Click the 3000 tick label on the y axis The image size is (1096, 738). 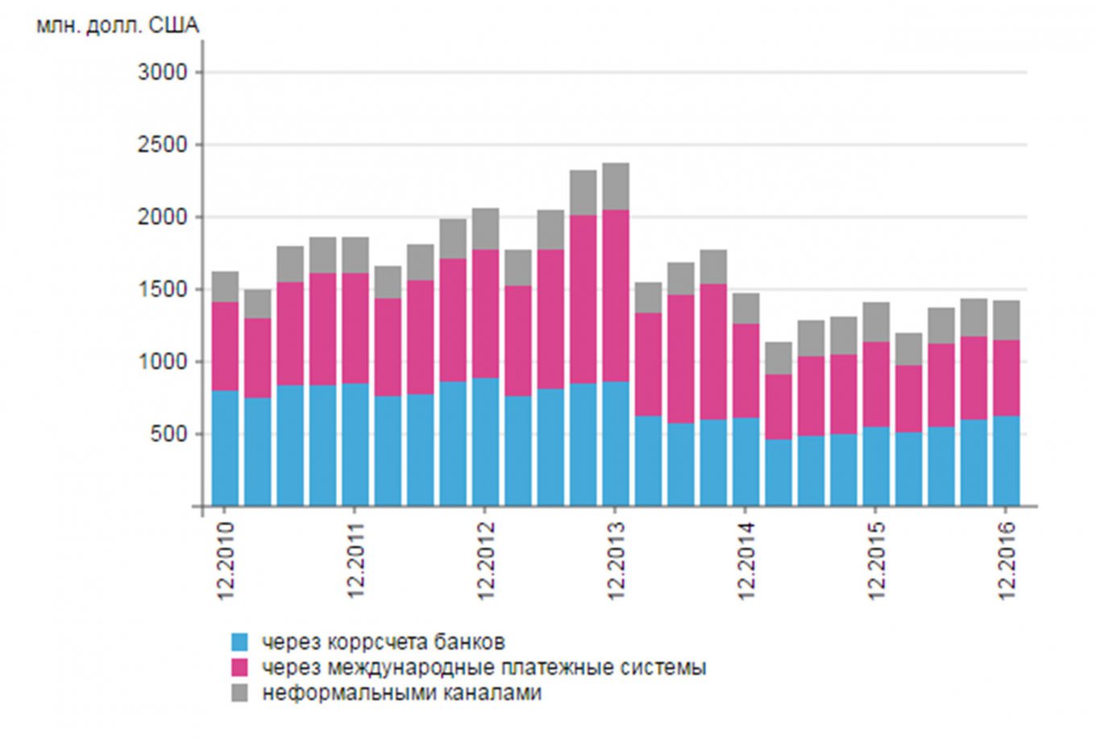coord(163,73)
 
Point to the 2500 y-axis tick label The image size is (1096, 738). coord(163,145)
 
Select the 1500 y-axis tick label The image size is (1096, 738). coord(163,290)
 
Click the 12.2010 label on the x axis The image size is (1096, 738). coord(226,561)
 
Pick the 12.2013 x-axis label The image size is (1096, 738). coord(616,561)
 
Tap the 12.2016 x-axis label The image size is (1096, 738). coord(1007,561)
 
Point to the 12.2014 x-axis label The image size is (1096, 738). coord(746,561)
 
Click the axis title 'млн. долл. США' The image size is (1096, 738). coord(118,26)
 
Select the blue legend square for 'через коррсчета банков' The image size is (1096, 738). coord(240,642)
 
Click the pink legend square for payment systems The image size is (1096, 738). coord(240,667)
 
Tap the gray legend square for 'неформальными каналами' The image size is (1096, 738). coord(240,692)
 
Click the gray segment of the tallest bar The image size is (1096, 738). coord(616,186)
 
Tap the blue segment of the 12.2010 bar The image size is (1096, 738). coord(226,448)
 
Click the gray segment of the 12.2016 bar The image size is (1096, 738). coord(1007,320)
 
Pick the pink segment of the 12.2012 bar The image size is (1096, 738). coord(486,313)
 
